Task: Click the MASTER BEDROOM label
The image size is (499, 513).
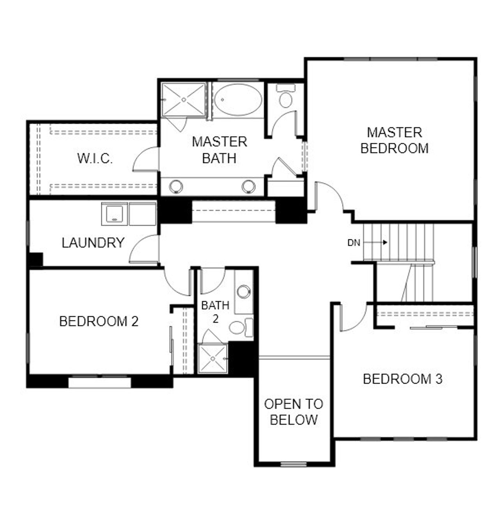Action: [394, 141]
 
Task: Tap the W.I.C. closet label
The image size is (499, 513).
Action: [95, 159]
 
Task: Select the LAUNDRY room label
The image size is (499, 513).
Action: [93, 243]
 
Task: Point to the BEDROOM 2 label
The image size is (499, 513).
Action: [99, 322]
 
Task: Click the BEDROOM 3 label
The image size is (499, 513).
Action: [402, 379]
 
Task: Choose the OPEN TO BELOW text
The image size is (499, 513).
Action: [294, 412]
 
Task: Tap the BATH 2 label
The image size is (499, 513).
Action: [215, 312]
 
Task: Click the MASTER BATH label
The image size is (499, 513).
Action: [219, 150]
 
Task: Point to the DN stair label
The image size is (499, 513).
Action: [354, 243]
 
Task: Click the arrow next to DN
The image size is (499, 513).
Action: [377, 242]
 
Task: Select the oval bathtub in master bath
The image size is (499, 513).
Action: [238, 99]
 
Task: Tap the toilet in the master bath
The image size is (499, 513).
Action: [286, 97]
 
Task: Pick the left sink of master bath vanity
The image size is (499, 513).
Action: [176, 186]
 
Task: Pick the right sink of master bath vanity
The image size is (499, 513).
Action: [248, 186]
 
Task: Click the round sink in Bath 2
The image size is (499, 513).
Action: [244, 291]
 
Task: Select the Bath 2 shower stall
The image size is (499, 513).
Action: [213, 358]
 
